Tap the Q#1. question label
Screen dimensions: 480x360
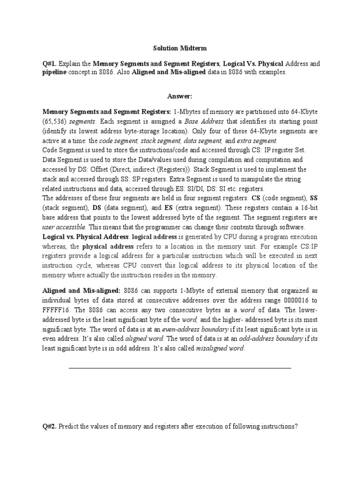pos(51,63)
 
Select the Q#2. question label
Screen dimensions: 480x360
pos(51,427)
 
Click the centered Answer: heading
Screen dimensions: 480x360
pos(180,96)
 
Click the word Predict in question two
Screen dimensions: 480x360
pos(72,427)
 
